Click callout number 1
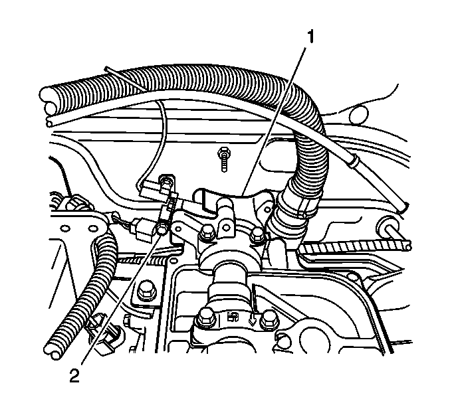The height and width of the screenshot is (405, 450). pos(310,37)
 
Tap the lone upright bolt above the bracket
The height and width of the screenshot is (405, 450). pos(223,159)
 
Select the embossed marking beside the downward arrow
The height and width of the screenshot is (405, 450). pos(233,317)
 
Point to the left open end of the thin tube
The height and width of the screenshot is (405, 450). pos(50,123)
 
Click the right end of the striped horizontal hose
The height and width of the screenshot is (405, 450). pos(407,246)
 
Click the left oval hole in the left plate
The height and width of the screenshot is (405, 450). pos(65,228)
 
